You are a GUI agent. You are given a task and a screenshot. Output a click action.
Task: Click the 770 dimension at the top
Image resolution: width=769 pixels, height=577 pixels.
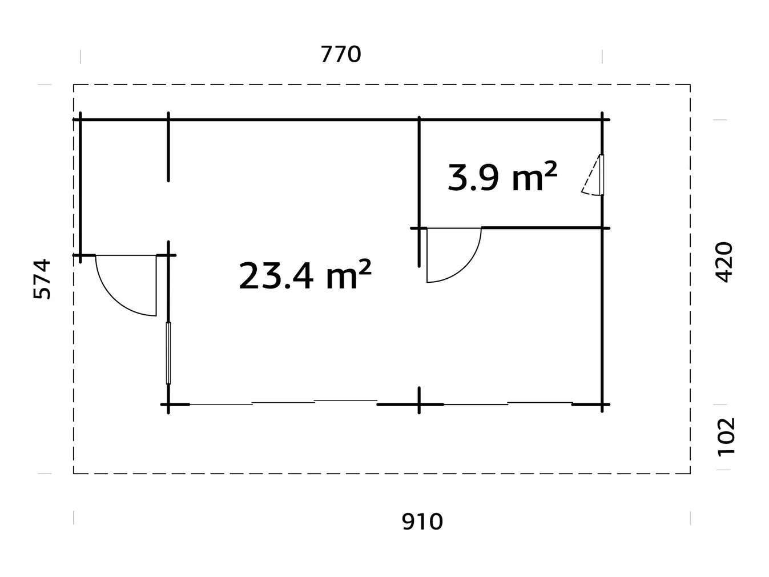[341, 55]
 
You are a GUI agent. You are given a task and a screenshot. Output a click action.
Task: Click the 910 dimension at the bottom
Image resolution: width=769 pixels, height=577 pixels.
[422, 522]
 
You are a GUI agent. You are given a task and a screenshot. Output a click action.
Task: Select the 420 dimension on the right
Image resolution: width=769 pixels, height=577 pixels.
[724, 262]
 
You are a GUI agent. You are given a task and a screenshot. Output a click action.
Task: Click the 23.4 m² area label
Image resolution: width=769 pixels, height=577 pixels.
[305, 276]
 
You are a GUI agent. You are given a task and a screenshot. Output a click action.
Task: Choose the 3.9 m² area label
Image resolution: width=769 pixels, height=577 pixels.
[502, 177]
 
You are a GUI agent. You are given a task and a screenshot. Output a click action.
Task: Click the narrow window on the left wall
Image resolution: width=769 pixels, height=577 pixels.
[168, 352]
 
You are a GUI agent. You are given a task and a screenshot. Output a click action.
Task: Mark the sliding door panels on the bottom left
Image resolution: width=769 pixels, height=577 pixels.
[283, 403]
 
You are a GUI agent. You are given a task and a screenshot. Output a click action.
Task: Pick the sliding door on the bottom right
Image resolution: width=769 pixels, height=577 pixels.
[508, 403]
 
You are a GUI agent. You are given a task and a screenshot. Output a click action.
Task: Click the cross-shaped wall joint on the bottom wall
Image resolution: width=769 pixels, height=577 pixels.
[419, 404]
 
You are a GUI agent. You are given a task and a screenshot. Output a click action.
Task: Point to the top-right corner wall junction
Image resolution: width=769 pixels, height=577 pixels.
[602, 120]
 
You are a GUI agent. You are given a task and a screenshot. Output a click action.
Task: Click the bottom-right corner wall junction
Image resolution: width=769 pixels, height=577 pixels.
[602, 404]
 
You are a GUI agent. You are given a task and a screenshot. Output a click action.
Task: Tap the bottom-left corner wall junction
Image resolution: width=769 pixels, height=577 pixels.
[168, 404]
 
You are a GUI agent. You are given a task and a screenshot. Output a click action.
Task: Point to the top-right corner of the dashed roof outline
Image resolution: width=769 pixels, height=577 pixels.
[690, 85]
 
